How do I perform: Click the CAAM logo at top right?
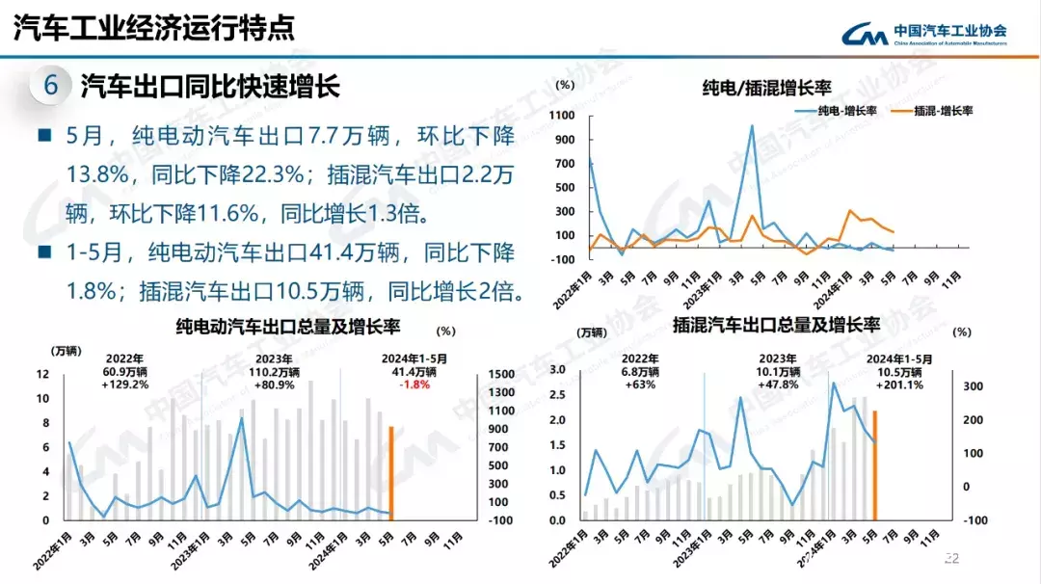coord(924,35)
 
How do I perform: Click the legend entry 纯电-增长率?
coord(838,111)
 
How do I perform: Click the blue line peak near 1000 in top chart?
coord(752,126)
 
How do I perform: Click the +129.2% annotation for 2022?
coord(125,384)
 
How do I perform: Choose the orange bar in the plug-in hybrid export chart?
coord(874,465)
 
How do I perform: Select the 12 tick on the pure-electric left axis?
coord(42,374)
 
